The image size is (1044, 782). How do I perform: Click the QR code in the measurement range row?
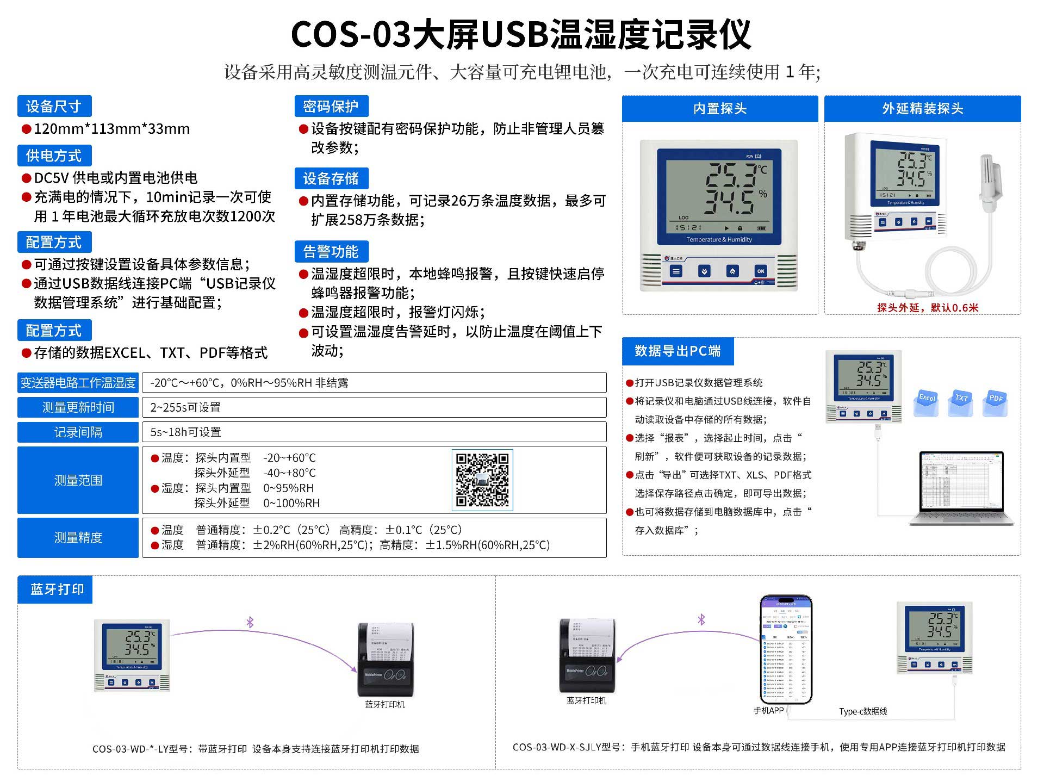point(482,480)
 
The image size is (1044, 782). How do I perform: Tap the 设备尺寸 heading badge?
point(54,106)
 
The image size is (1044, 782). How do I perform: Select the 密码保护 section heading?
point(331,106)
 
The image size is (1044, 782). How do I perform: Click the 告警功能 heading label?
point(331,251)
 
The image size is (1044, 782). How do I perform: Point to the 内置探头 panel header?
point(720,109)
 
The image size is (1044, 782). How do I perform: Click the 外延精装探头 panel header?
point(922,109)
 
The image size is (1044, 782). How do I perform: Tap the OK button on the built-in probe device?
point(760,271)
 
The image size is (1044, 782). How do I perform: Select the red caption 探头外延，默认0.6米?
point(928,308)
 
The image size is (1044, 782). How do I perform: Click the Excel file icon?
point(927,403)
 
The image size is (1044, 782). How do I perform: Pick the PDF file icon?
point(996,403)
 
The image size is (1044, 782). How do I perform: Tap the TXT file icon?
point(961,403)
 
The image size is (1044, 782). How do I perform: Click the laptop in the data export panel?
point(961,488)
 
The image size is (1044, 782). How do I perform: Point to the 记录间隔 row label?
point(78,432)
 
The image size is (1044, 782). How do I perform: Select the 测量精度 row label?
point(78,538)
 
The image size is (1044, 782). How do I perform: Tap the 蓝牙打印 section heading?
point(57,589)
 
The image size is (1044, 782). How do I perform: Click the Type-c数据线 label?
point(863,711)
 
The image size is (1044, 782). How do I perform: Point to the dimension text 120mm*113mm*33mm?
point(111,129)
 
